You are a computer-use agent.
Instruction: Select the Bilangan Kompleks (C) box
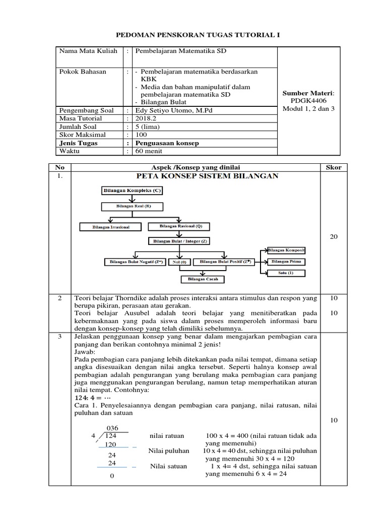click(x=126, y=191)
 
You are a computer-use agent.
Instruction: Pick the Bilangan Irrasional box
click(x=111, y=227)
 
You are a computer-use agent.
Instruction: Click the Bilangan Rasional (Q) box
click(x=180, y=226)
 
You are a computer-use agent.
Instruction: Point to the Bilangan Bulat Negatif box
click(x=134, y=262)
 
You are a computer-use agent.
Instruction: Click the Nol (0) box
click(x=179, y=263)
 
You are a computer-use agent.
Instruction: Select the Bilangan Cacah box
click(x=203, y=279)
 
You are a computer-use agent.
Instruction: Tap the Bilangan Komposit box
click(x=286, y=250)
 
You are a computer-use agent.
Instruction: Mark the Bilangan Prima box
click(x=286, y=262)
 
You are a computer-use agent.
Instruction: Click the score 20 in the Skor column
click(x=333, y=236)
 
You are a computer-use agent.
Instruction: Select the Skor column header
click(x=333, y=167)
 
